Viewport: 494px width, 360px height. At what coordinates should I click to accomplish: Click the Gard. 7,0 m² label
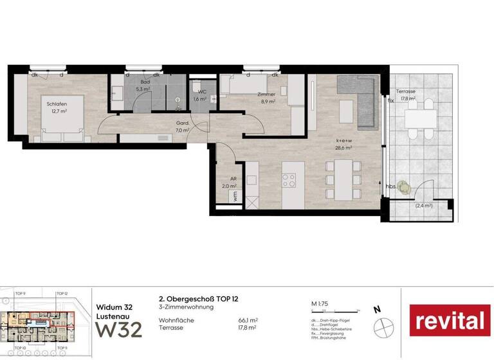tap(183, 127)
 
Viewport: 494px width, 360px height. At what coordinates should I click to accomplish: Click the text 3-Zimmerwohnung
tap(186, 307)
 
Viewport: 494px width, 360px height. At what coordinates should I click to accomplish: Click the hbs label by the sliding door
tap(391, 186)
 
